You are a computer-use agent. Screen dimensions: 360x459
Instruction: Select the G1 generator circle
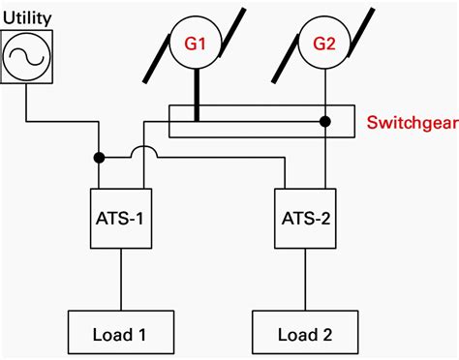[197, 44]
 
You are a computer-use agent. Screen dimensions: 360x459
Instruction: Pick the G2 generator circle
[323, 44]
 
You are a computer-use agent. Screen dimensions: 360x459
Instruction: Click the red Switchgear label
[406, 123]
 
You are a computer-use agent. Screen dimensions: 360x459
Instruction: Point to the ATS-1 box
[121, 215]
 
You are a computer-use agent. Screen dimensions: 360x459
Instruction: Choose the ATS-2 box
[304, 215]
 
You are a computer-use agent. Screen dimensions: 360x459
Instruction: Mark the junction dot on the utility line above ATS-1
[99, 156]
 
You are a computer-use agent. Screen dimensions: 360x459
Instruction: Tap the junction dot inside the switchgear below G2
[324, 122]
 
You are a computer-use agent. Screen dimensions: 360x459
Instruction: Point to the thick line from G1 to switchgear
[197, 92]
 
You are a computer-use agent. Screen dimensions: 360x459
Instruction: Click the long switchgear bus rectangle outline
[261, 106]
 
